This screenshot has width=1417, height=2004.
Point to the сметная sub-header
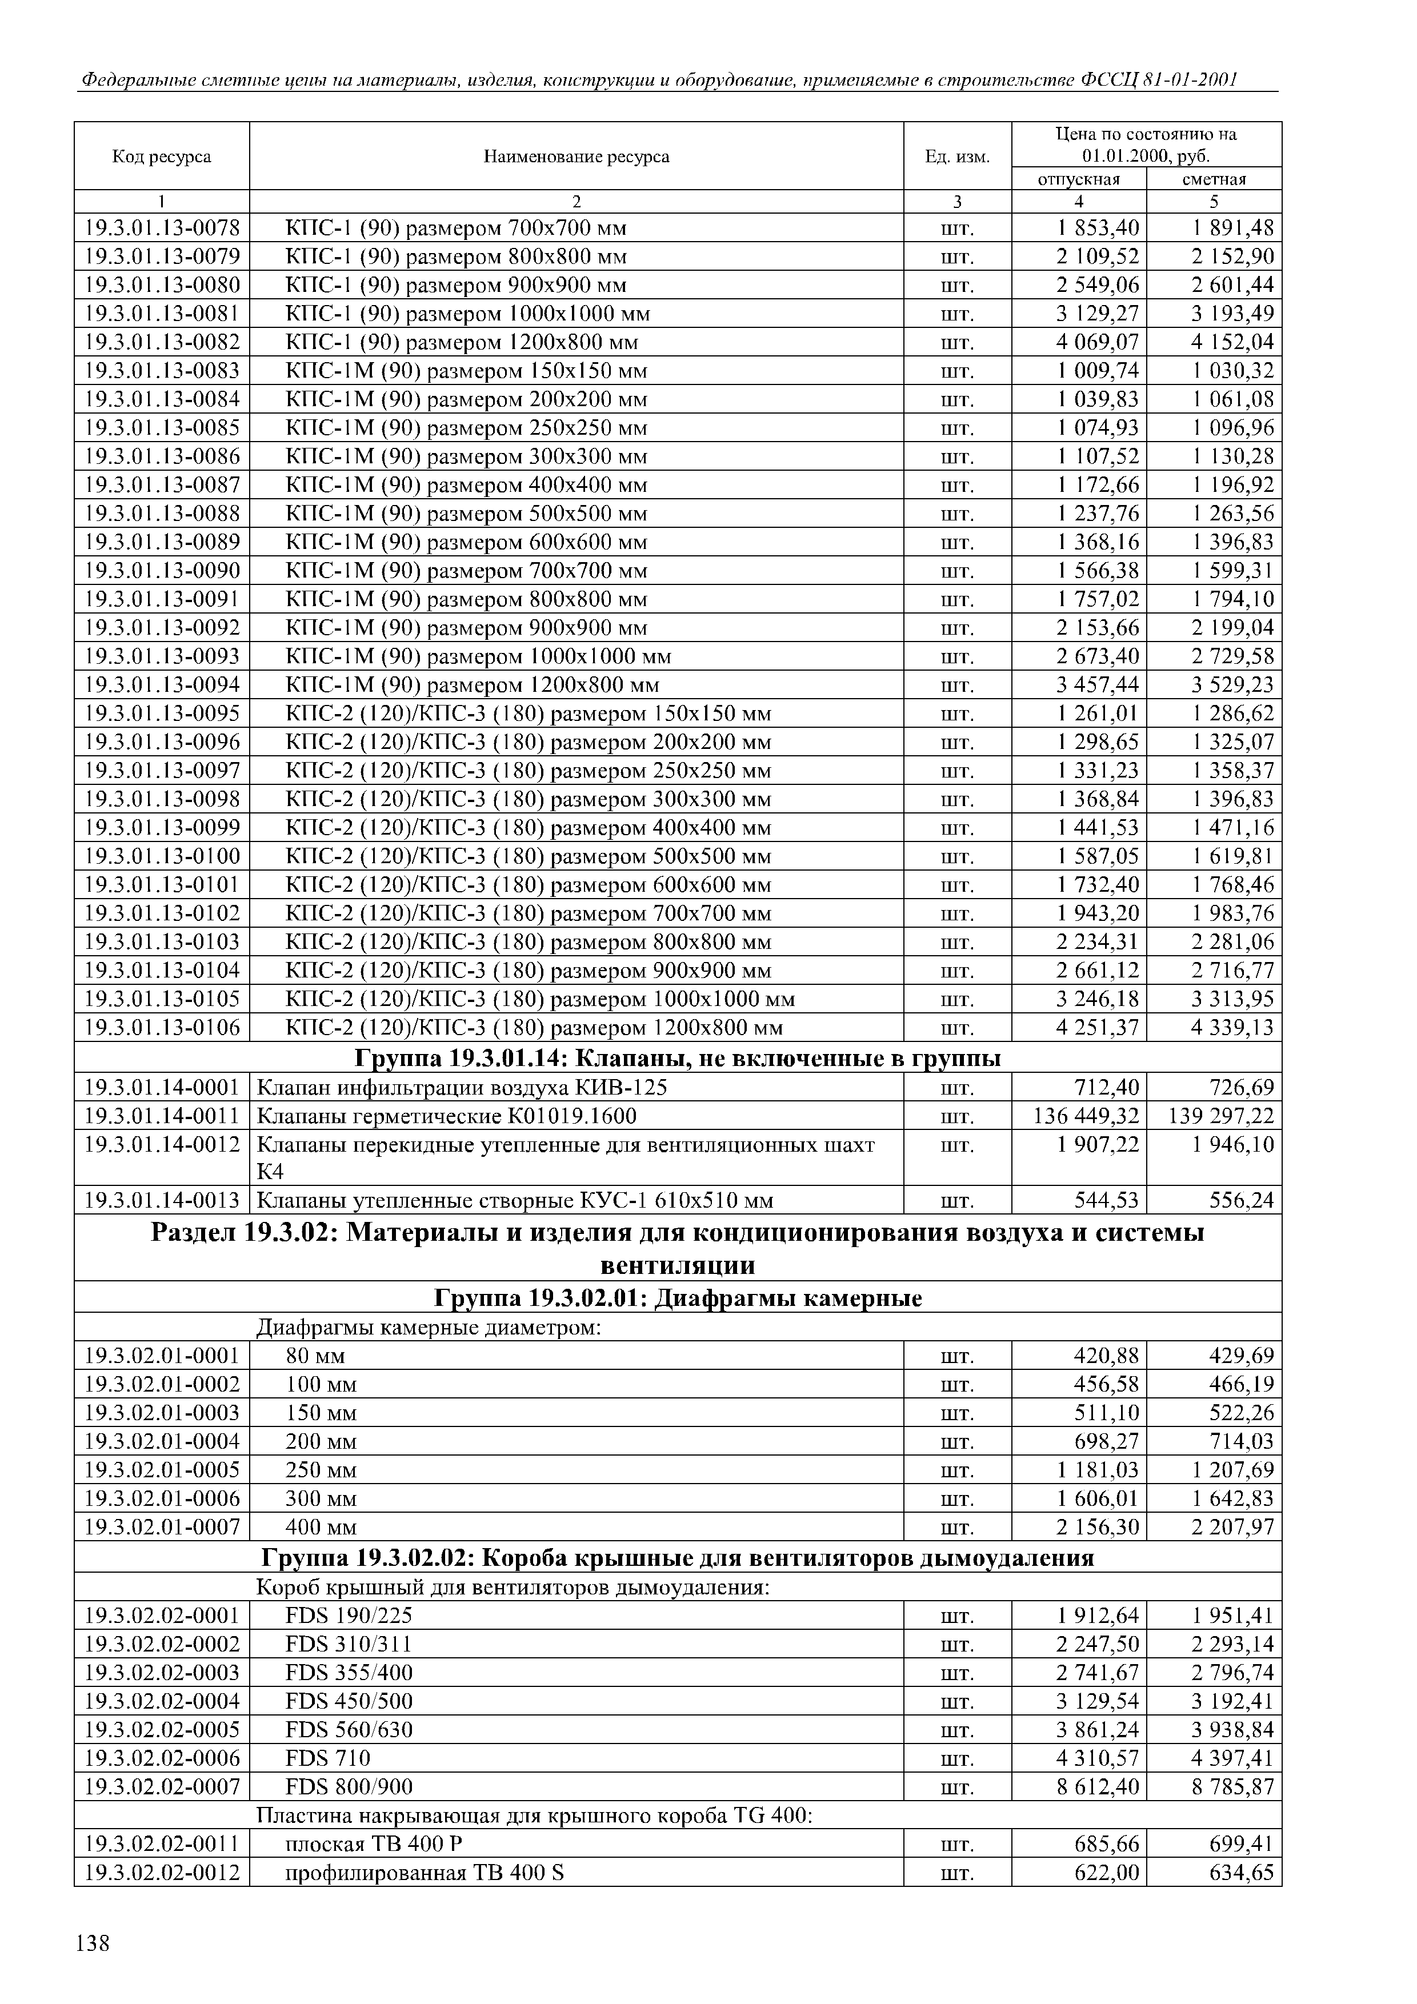[1214, 179]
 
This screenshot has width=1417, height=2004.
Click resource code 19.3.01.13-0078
[162, 229]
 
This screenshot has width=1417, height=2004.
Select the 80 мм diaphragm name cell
[315, 1356]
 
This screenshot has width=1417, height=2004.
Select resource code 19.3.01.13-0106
[162, 1027]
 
